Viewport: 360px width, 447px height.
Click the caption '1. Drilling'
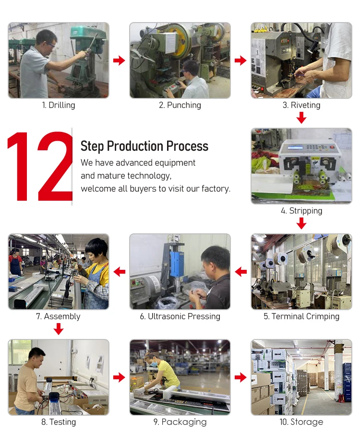pyautogui.click(x=59, y=105)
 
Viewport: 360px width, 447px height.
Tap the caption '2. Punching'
pyautogui.click(x=180, y=105)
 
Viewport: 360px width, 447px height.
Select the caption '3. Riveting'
pyautogui.click(x=301, y=105)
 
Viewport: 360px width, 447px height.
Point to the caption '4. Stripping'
pyautogui.click(x=301, y=211)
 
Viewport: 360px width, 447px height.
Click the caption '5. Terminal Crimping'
pyautogui.click(x=301, y=316)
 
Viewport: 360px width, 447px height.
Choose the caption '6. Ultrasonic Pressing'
pyautogui.click(x=180, y=316)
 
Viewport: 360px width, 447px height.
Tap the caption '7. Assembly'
pyautogui.click(x=58, y=316)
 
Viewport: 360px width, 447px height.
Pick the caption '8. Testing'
pyautogui.click(x=59, y=422)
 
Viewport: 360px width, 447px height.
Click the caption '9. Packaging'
pyautogui.click(x=180, y=422)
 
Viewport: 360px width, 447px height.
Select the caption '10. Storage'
pyautogui.click(x=301, y=422)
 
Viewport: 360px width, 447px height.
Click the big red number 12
pyautogui.click(x=40, y=167)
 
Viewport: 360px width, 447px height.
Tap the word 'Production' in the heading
pyautogui.click(x=135, y=146)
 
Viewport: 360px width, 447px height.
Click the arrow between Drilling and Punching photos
pyautogui.click(x=119, y=60)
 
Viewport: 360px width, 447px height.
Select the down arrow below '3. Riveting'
pyautogui.click(x=301, y=118)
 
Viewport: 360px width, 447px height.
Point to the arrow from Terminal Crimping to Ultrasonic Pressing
pyautogui.click(x=241, y=272)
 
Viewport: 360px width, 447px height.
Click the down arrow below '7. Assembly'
pyautogui.click(x=59, y=329)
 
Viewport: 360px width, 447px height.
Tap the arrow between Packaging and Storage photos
pyautogui.click(x=240, y=377)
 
